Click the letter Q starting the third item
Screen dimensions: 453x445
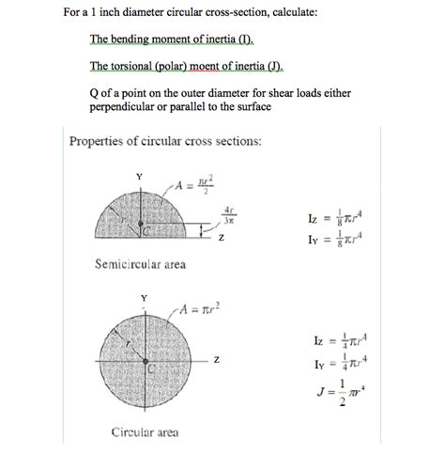[94, 92]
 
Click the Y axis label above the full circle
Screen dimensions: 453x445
[144, 298]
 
